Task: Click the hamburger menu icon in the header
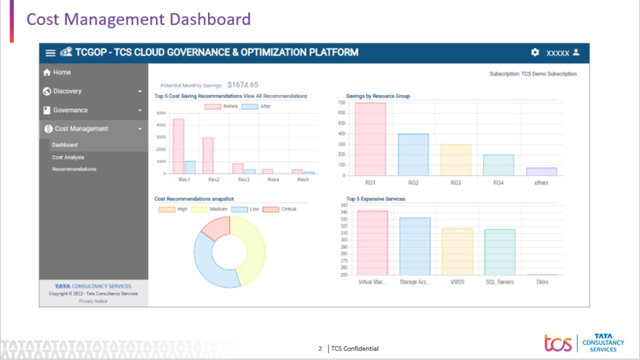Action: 50,53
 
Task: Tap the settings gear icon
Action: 535,52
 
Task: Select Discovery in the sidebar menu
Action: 67,91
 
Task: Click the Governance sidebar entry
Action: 70,110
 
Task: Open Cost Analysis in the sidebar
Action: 68,157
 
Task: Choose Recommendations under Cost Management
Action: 74,169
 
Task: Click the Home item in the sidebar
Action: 61,72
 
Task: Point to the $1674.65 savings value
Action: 242,85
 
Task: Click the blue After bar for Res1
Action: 190,167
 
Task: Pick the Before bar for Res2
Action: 208,155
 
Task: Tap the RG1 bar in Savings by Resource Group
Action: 370,139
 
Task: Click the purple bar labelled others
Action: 541,171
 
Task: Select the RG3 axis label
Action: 455,183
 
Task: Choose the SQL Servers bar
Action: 499,252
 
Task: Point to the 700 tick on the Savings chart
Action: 341,102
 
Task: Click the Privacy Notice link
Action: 93,301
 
